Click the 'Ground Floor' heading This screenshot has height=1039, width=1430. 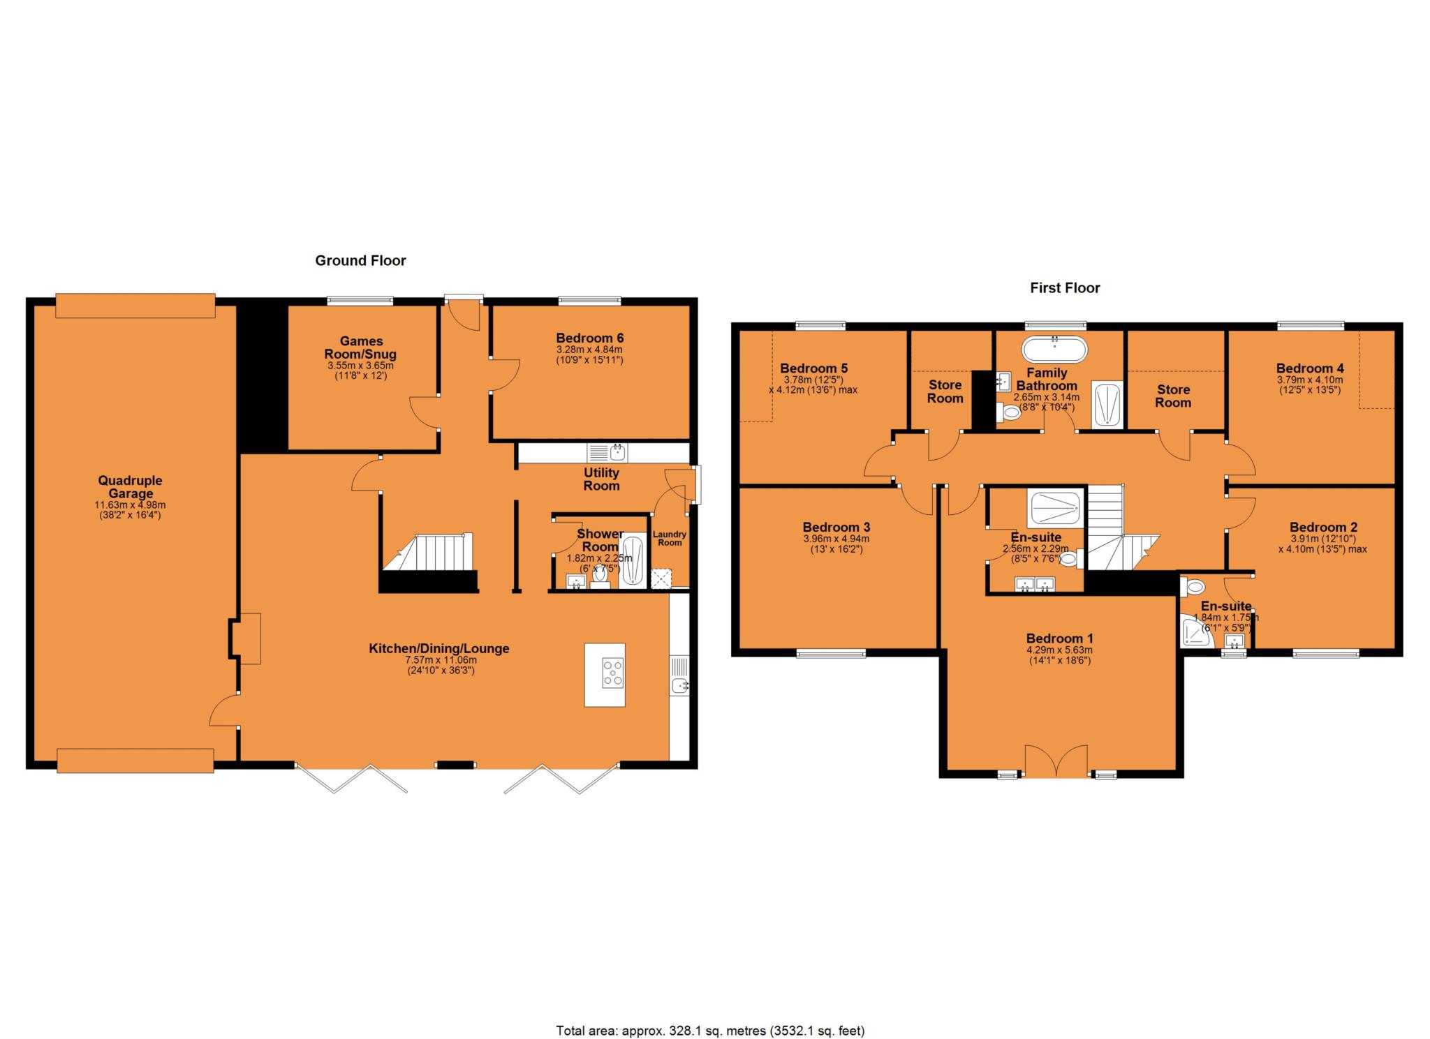click(x=360, y=260)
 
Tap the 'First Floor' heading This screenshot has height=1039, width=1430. click(x=1065, y=287)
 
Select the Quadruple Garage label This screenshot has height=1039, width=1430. click(x=130, y=487)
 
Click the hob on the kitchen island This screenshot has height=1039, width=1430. click(x=613, y=673)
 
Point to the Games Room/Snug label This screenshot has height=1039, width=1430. click(x=361, y=347)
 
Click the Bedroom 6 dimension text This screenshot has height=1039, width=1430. click(x=589, y=354)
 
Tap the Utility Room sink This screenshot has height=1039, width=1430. click(x=607, y=453)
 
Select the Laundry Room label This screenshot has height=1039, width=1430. click(x=670, y=538)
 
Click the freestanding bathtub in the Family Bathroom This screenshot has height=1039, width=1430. click(x=1054, y=349)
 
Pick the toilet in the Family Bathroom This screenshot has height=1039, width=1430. click(x=1009, y=414)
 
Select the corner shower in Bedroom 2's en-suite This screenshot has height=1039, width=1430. click(x=1195, y=631)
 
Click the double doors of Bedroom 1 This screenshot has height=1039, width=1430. click(x=1056, y=760)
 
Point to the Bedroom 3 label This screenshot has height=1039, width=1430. click(x=836, y=528)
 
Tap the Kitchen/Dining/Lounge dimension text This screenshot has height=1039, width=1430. click(x=442, y=665)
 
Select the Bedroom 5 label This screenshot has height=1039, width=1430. click(x=814, y=368)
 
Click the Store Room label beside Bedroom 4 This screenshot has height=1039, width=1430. click(x=1173, y=396)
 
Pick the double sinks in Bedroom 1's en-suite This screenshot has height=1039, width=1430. click(x=1035, y=585)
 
